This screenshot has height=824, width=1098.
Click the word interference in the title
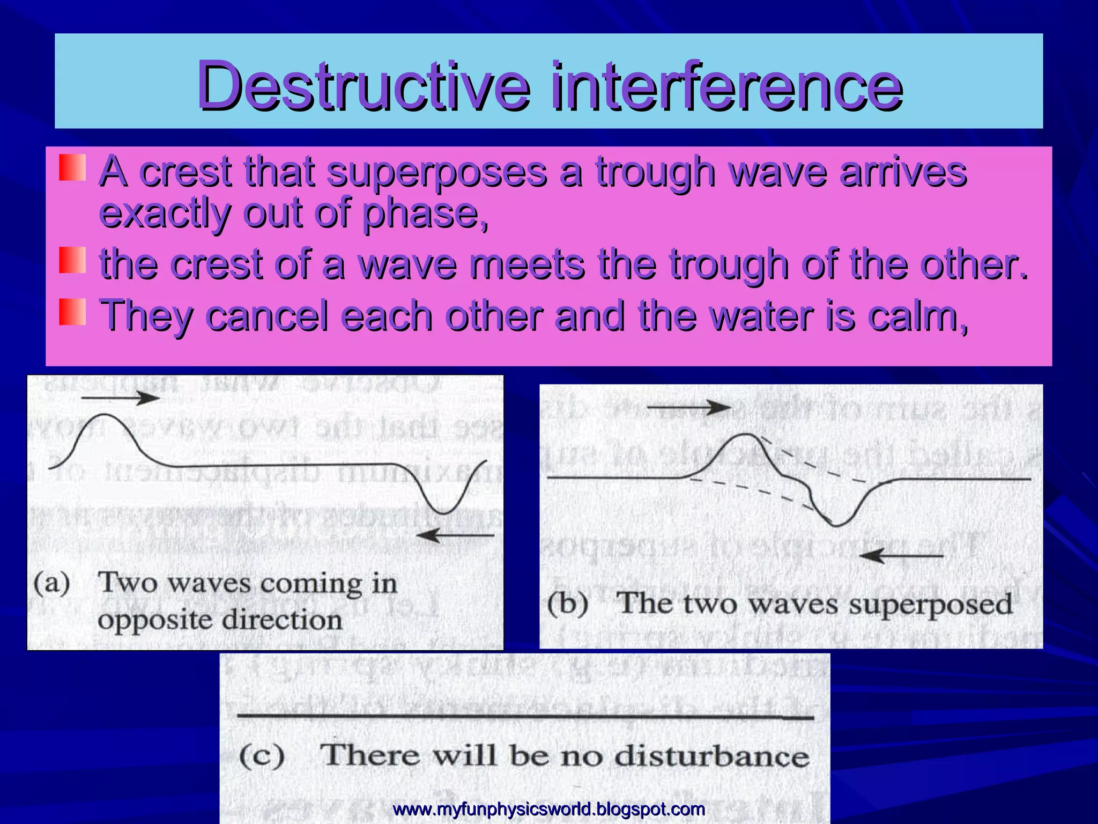tap(726, 86)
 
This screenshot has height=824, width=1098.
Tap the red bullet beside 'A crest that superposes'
tap(72, 168)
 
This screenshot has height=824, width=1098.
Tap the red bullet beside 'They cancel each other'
tap(72, 312)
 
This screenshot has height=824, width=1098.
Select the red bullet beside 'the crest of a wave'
tap(72, 260)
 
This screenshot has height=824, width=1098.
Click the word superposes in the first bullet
tap(437, 173)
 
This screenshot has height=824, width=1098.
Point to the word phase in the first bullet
tap(421, 214)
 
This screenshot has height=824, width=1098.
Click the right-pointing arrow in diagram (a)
tap(121, 398)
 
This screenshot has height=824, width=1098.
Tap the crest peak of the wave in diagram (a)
tap(105, 415)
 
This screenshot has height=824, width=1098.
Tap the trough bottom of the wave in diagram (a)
tap(444, 513)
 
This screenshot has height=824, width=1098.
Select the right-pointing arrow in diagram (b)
tap(689, 408)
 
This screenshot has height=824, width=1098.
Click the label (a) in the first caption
tap(52, 583)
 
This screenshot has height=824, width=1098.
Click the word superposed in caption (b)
tap(930, 605)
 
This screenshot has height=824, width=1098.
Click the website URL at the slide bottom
tap(548, 808)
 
